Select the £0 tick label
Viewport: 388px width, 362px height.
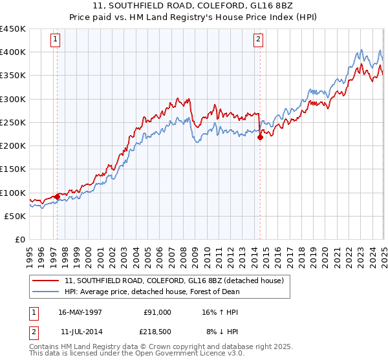click(x=19, y=240)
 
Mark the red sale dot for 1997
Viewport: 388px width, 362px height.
click(x=57, y=197)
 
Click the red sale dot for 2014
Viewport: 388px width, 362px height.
click(x=260, y=137)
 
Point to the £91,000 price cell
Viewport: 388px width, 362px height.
click(x=156, y=312)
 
